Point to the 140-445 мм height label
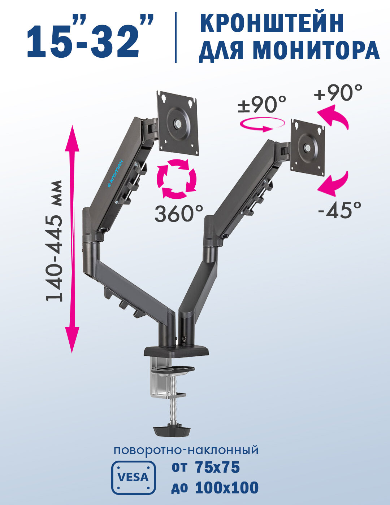coord(54,241)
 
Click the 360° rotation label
coord(179,214)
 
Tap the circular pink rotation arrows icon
coord(177,179)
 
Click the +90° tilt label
coord(338,92)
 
